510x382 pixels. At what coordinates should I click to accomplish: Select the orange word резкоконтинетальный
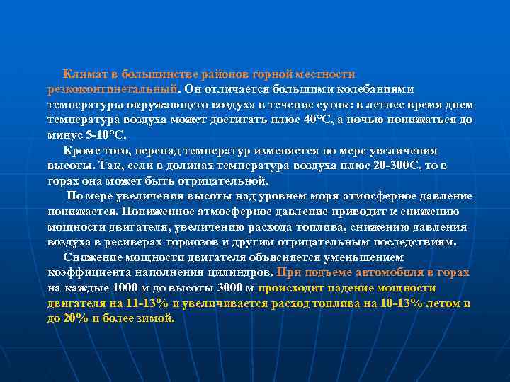[112, 89]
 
